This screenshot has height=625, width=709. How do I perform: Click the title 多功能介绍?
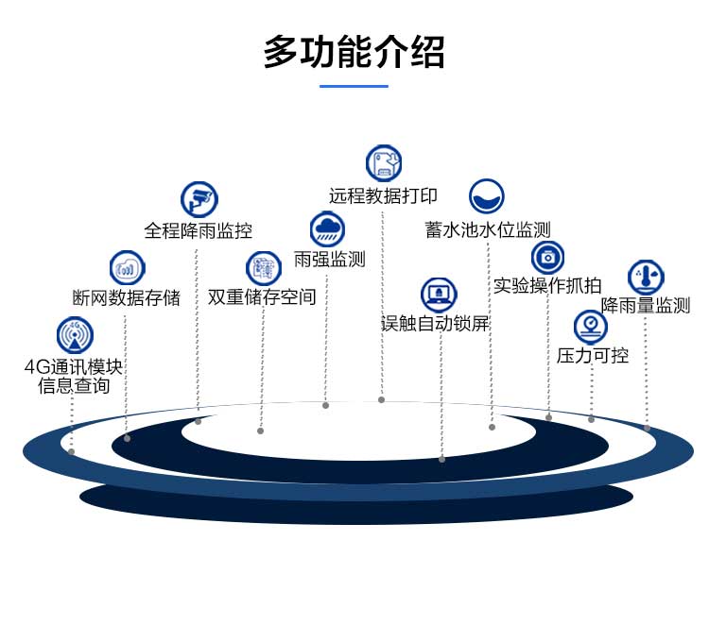(354, 53)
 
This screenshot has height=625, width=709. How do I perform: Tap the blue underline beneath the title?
(354, 86)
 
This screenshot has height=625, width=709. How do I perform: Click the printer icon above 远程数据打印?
(384, 163)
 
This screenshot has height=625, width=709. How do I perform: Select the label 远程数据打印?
(383, 196)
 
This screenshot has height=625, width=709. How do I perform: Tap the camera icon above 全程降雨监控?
(199, 199)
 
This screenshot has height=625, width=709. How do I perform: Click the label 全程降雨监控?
(198, 230)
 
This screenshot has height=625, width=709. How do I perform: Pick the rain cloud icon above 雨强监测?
(327, 228)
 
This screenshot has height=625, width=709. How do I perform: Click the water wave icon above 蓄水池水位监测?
(487, 196)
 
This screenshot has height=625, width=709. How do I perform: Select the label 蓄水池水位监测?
(488, 229)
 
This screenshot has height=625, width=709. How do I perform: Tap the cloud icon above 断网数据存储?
(127, 268)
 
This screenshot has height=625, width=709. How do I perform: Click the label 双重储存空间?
(262, 297)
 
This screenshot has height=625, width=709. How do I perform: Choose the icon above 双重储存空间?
(264, 268)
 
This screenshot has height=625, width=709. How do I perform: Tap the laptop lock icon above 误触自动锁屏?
(439, 295)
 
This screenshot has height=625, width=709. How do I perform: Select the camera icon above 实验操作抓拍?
(547, 257)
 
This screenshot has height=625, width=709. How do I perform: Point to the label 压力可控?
(593, 356)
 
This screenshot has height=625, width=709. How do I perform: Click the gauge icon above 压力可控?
(591, 327)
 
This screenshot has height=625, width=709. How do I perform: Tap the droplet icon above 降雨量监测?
(646, 278)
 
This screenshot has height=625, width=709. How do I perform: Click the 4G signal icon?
(75, 335)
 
